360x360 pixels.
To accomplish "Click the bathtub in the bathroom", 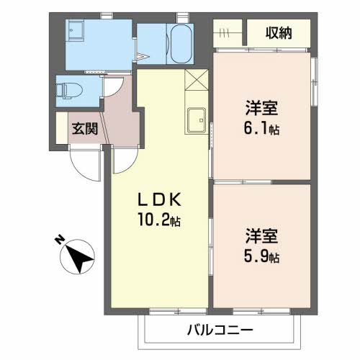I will point(180,45).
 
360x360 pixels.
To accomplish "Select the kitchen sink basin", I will point(195,120).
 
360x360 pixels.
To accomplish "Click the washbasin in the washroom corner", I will point(76,30).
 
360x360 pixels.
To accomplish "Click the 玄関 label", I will point(84,129).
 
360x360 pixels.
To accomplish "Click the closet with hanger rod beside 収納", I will point(230,33).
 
